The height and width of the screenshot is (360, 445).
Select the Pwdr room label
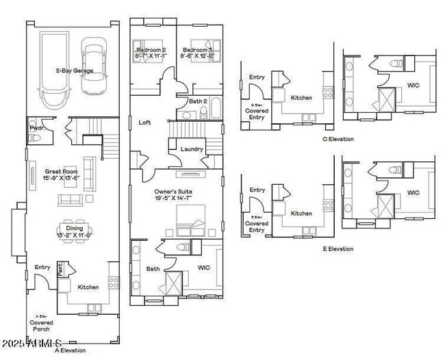point(36,128)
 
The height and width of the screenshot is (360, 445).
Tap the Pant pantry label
point(60,269)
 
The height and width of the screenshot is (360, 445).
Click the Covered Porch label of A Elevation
point(41,322)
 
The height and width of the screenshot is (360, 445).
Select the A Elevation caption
point(71,350)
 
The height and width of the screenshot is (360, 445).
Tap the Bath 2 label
point(198,101)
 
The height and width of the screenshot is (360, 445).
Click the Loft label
point(144,123)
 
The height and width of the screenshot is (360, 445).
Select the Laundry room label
point(191,149)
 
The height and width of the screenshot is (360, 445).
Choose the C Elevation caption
point(338,139)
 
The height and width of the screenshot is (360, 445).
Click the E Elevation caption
point(338,248)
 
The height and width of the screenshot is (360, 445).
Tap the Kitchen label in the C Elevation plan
point(301,98)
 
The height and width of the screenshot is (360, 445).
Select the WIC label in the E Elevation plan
point(413,192)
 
